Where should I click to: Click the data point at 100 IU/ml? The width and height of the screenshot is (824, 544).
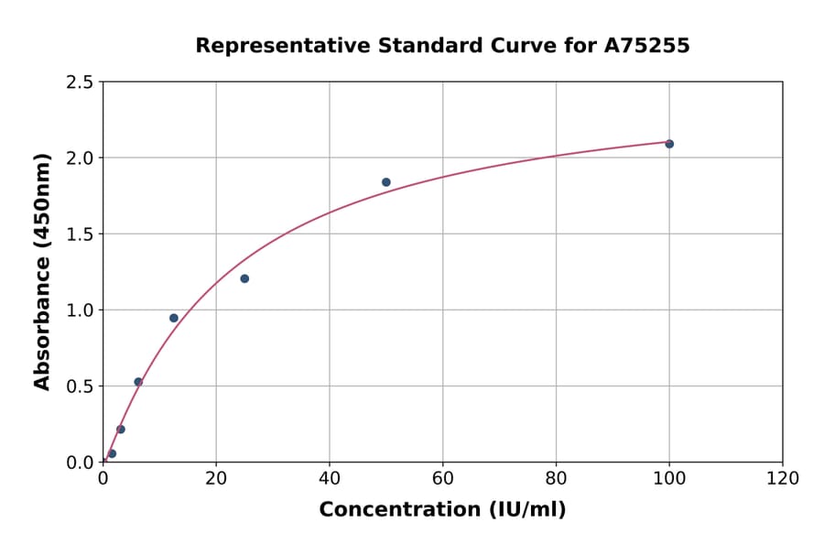pyautogui.click(x=669, y=144)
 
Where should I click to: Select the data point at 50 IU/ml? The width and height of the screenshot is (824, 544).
pyautogui.click(x=386, y=182)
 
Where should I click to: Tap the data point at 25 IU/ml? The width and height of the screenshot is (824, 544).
pyautogui.click(x=244, y=278)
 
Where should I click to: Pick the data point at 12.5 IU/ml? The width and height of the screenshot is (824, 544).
pyautogui.click(x=174, y=318)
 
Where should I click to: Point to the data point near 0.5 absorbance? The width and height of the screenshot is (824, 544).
pyautogui.click(x=138, y=382)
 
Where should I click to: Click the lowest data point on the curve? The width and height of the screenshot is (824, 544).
pyautogui.click(x=112, y=453)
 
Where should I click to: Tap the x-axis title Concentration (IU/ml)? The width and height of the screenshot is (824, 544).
pyautogui.click(x=442, y=510)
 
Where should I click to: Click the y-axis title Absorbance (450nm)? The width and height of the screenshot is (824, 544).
pyautogui.click(x=42, y=272)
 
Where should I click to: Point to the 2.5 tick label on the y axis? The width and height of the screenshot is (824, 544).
pyautogui.click(x=80, y=82)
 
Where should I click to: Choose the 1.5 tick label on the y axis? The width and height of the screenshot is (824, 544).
pyautogui.click(x=80, y=234)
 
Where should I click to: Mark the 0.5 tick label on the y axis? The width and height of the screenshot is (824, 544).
pyautogui.click(x=80, y=386)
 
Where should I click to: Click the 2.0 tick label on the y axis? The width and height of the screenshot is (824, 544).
pyautogui.click(x=80, y=158)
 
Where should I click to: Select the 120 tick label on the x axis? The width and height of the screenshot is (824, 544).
pyautogui.click(x=783, y=479)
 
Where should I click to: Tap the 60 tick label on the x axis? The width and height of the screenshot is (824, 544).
pyautogui.click(x=443, y=479)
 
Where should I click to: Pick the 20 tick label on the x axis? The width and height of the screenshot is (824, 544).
pyautogui.click(x=216, y=479)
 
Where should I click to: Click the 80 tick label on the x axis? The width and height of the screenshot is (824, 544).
pyautogui.click(x=556, y=479)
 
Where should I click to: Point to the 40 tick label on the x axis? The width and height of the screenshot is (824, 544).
pyautogui.click(x=330, y=479)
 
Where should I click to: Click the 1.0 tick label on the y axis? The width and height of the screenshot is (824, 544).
pyautogui.click(x=80, y=310)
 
